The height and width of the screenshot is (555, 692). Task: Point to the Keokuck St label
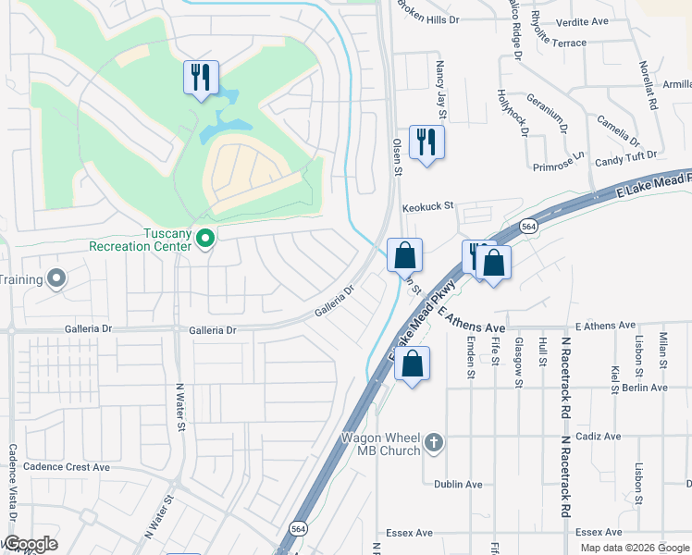pyautogui.click(x=428, y=207)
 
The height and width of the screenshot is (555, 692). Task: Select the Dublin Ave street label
pyautogui.click(x=459, y=484)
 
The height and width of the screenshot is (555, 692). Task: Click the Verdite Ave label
pyautogui.click(x=582, y=21)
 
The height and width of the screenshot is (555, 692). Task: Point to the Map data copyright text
pyautogui.click(x=635, y=548)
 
